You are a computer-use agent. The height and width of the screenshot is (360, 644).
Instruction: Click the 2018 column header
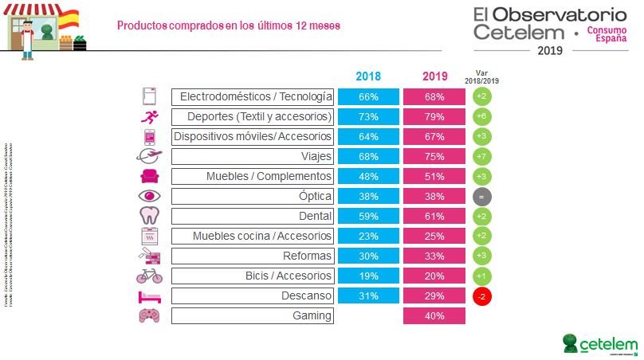[367, 77]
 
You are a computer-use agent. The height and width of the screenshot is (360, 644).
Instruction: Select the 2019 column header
[434, 77]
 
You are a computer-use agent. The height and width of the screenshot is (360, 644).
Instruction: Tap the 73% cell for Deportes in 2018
[367, 116]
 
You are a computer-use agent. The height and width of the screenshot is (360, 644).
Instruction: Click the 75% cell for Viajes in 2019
[434, 156]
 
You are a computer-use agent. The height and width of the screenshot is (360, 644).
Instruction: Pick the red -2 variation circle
[481, 295]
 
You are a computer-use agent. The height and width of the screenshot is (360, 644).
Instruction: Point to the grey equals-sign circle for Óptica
[481, 196]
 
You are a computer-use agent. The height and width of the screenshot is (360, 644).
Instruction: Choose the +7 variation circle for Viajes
[481, 156]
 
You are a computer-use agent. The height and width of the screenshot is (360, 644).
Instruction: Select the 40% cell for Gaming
[434, 315]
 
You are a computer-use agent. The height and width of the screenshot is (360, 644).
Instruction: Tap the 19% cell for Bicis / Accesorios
[367, 276]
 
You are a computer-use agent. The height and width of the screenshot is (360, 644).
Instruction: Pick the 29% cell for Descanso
[434, 295]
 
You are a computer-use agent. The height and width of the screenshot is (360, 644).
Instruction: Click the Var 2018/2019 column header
[481, 76]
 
